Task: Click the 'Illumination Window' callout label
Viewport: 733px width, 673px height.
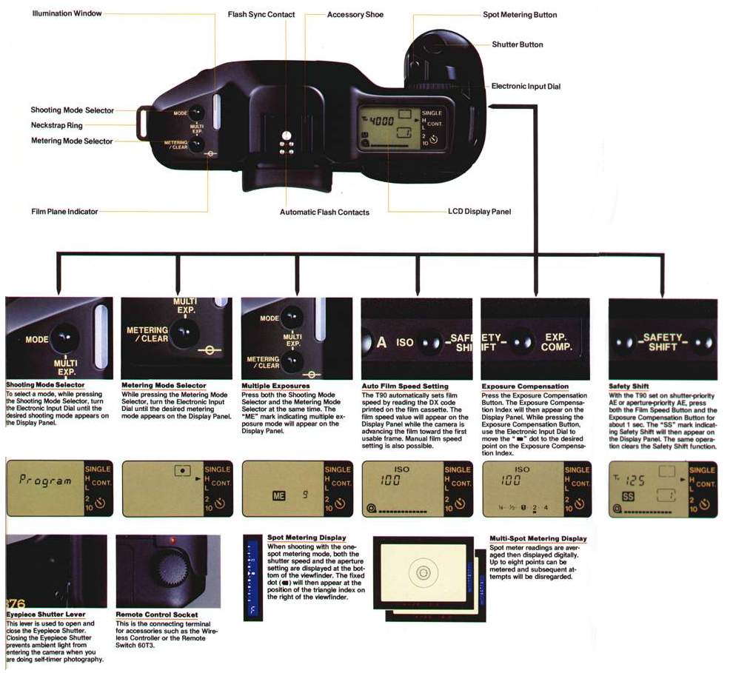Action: coord(67,13)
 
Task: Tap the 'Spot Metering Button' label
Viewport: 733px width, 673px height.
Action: coord(520,15)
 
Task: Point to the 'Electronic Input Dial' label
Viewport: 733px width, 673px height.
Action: coord(526,87)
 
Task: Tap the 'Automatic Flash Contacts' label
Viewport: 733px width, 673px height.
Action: coord(324,212)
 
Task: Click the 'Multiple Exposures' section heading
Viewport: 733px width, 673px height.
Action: coord(275,386)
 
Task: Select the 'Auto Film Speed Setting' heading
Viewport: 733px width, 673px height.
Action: coord(405,386)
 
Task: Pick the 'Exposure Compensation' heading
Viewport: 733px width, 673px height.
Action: coord(525,386)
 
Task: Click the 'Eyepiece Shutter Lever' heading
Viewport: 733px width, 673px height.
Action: coord(46,615)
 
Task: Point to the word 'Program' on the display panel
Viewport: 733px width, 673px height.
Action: coord(46,481)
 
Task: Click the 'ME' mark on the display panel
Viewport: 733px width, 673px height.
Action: coord(278,495)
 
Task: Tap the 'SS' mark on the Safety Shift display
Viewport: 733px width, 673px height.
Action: coord(628,495)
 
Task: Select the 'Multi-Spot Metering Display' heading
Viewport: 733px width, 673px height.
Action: coord(538,538)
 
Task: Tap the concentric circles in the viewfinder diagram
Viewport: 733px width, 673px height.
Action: coord(423,572)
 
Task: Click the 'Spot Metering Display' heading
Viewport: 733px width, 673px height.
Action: coord(306,538)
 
